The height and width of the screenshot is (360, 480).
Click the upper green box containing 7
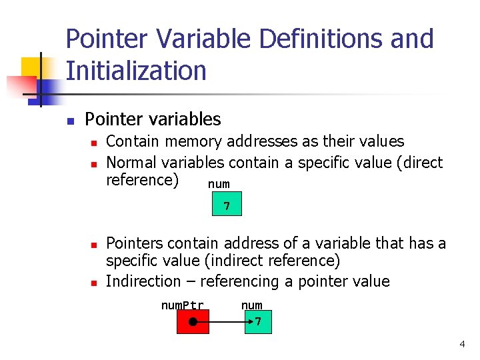[x=227, y=205]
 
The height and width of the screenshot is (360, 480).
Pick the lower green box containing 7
[x=256, y=322]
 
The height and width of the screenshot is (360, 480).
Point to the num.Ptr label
[x=182, y=305]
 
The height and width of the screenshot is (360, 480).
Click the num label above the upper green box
[x=219, y=183]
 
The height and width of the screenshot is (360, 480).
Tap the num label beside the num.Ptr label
[x=251, y=305]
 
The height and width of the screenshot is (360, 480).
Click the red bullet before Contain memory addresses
[x=94, y=143]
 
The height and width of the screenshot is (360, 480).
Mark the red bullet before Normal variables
[x=94, y=163]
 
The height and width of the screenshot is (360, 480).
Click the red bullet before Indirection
[x=94, y=283]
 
